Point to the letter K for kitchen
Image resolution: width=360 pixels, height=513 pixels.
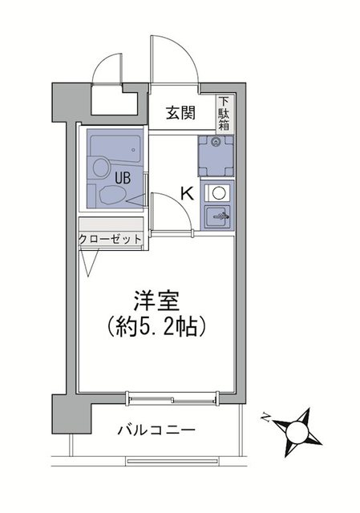tap(186, 193)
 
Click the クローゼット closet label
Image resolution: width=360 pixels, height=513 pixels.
tap(111, 239)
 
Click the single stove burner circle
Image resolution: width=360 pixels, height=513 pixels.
tap(217, 193)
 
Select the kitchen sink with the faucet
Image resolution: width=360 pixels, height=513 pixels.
tap(217, 216)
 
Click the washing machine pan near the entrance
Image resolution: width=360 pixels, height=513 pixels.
tap(216, 156)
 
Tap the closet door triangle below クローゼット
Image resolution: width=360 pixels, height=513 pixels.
tap(89, 261)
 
